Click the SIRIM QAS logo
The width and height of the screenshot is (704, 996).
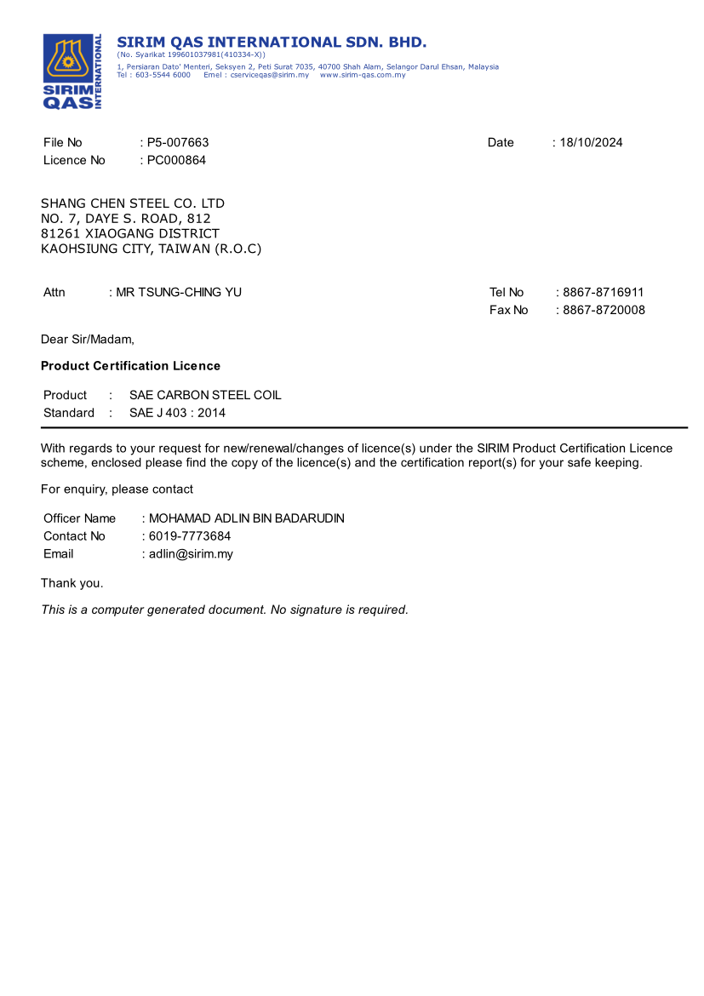72,72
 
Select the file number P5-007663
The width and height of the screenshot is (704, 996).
178,143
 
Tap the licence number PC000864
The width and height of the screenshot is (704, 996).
176,160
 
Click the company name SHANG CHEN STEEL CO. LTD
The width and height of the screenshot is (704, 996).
133,203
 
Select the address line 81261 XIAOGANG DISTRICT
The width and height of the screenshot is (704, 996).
130,233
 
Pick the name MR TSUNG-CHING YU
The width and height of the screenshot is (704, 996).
179,293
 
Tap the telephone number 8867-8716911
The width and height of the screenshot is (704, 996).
604,293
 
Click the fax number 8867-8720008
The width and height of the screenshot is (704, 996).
604,310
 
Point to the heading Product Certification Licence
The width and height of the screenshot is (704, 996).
130,366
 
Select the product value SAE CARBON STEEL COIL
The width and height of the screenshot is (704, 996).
205,395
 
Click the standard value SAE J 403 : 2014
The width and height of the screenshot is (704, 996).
178,413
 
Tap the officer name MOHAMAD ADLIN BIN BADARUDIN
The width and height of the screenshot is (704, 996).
247,518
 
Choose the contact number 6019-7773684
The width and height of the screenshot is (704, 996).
190,536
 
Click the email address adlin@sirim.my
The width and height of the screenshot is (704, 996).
191,554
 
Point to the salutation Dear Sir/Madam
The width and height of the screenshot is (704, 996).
88,340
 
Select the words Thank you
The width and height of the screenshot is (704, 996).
72,583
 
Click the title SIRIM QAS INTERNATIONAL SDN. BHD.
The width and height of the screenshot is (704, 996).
272,43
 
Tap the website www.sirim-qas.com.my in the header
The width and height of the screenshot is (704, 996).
363,75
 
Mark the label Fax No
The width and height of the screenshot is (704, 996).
509,310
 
